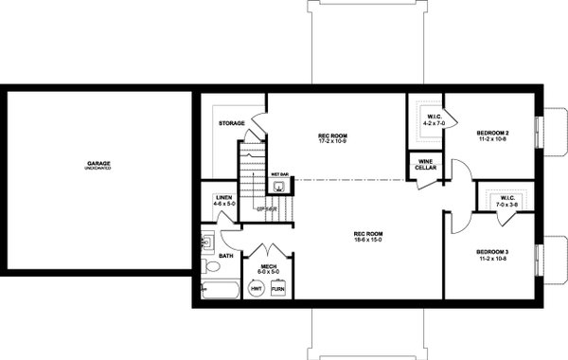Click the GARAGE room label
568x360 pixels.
tap(98, 164)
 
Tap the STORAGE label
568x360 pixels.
tap(232, 123)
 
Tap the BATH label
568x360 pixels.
tap(225, 256)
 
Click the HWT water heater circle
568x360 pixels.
tap(257, 289)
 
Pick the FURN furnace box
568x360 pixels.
tap(278, 289)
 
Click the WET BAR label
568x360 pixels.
tap(279, 175)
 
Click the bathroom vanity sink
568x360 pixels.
tap(207, 243)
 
